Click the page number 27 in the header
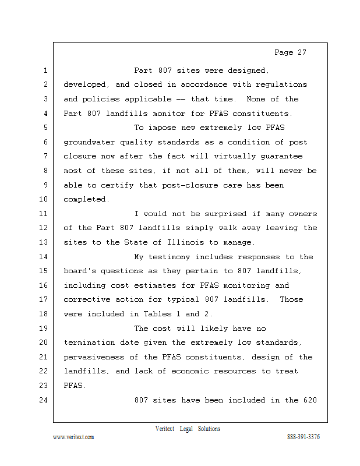click(300, 52)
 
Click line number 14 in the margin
click(45, 257)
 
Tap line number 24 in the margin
click(45, 400)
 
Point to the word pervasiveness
click(94, 357)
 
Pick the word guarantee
click(282, 157)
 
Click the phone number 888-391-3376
click(303, 437)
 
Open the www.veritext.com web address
click(73, 437)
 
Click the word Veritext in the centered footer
click(166, 429)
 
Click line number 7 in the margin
click(45, 157)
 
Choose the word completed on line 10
click(86, 199)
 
